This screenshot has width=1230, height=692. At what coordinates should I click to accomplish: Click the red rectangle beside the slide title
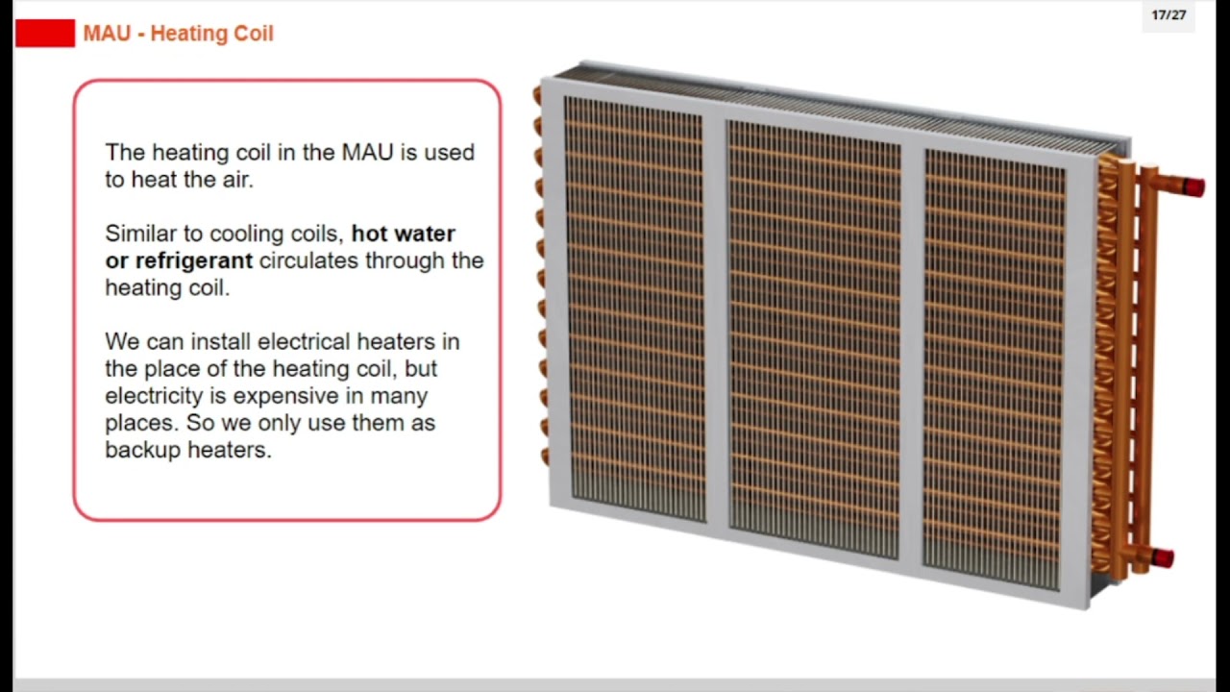[x=45, y=34]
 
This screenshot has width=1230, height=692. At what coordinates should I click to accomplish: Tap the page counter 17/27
[x=1168, y=15]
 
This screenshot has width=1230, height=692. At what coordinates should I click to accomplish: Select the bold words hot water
[x=404, y=234]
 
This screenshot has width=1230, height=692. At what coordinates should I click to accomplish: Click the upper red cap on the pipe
[x=1193, y=187]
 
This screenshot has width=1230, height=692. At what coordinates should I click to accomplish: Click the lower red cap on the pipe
[x=1163, y=557]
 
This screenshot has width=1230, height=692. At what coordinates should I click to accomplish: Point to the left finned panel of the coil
[x=634, y=308]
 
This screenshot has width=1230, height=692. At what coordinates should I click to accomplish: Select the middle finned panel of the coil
[x=815, y=336]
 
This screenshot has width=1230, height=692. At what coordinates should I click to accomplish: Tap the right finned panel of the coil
[x=995, y=365]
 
